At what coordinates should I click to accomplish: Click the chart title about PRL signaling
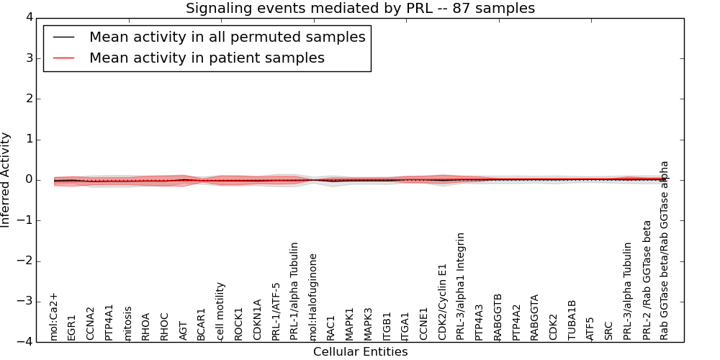[360, 9]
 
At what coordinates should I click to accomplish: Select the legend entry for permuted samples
[227, 37]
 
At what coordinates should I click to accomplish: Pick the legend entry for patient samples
[207, 58]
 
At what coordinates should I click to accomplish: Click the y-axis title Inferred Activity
[6, 180]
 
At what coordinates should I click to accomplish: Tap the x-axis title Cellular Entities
[360, 352]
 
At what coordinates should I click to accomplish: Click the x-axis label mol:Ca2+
[54, 316]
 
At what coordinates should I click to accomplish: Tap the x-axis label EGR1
[72, 327]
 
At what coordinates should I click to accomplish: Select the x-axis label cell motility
[221, 310]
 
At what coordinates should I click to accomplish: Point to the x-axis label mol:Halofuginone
[313, 296]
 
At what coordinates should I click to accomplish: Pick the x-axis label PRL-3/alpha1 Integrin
[461, 286]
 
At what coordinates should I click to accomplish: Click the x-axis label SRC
[609, 330]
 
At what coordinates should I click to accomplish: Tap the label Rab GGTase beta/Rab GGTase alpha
[665, 250]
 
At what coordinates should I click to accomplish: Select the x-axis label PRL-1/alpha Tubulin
[294, 291]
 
